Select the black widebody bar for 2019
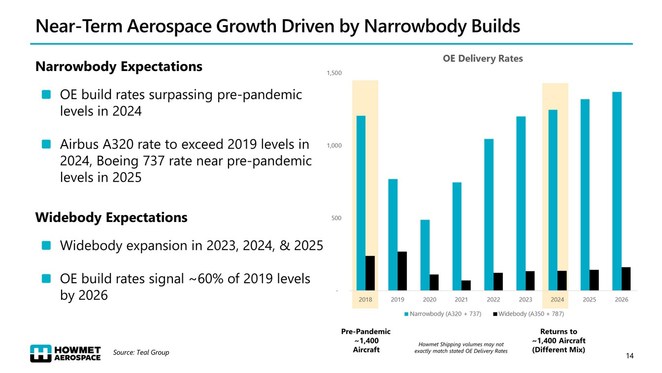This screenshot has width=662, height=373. (x=402, y=271)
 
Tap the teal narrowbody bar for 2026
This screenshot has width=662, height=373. (x=617, y=191)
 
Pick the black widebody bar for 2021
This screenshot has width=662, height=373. (x=466, y=285)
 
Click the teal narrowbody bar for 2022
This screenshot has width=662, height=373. (x=489, y=215)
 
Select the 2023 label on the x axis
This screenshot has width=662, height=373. (x=525, y=299)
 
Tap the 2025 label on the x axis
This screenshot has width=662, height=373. (x=590, y=299)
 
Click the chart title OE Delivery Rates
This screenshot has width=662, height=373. (x=483, y=59)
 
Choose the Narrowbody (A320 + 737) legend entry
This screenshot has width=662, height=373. (x=442, y=314)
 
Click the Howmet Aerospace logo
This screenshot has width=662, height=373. (x=66, y=352)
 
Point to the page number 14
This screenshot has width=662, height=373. (x=629, y=356)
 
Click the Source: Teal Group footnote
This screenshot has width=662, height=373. (x=141, y=352)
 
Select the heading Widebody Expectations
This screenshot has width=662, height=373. (x=111, y=218)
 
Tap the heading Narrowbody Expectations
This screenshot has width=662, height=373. (x=119, y=67)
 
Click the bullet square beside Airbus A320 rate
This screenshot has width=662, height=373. (x=46, y=145)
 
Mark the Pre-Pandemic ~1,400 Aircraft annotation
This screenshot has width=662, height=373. (x=366, y=340)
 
